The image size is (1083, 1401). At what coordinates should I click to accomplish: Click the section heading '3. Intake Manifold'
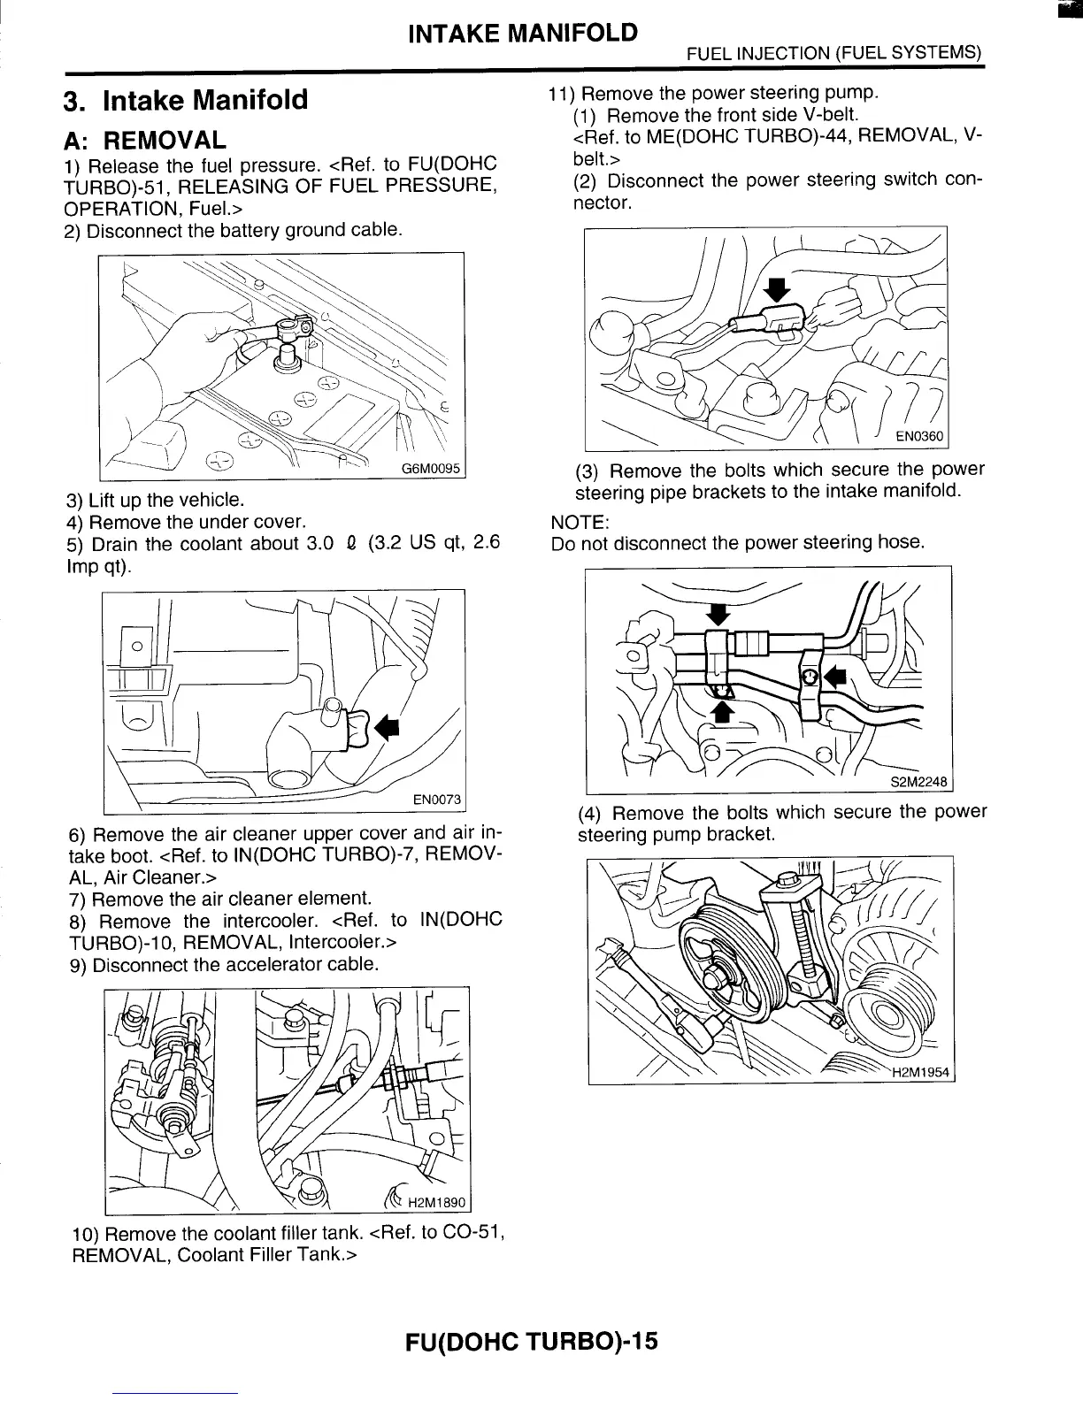[187, 100]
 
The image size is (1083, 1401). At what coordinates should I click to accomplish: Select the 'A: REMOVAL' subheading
[146, 140]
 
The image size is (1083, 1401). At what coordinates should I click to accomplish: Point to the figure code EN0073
[437, 800]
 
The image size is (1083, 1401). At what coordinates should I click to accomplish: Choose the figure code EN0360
[919, 437]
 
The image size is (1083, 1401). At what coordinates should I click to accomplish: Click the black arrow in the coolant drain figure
[387, 727]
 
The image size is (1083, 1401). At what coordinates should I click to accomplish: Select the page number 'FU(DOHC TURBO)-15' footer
[532, 1342]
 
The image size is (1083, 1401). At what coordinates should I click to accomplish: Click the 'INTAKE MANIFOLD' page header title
[522, 34]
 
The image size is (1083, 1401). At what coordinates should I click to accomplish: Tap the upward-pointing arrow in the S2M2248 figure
[722, 711]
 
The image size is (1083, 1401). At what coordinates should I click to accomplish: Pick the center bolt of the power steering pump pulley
[715, 976]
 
